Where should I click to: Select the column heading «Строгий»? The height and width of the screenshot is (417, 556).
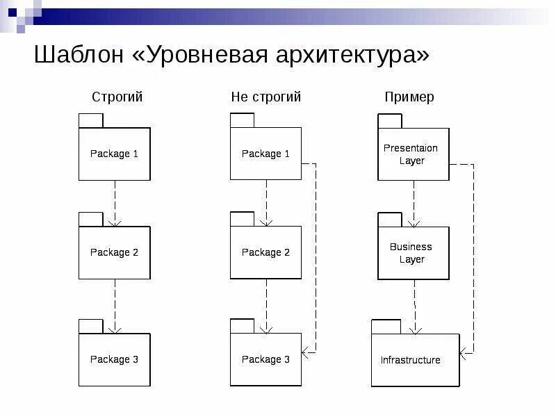click(x=117, y=97)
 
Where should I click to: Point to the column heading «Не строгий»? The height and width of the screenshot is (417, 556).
click(x=266, y=97)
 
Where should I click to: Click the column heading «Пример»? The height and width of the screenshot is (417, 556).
click(x=409, y=97)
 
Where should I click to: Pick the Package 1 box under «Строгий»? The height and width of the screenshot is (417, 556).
click(x=114, y=154)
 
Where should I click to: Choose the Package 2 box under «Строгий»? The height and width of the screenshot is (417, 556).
click(x=114, y=252)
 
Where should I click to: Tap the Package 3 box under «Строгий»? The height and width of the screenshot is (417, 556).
click(x=114, y=359)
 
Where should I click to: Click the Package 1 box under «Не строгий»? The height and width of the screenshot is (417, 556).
click(x=265, y=154)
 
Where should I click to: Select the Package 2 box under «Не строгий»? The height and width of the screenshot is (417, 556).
click(x=265, y=252)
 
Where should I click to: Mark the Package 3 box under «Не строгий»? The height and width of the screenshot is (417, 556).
click(x=265, y=359)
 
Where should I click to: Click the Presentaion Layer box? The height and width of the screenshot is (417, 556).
click(x=413, y=154)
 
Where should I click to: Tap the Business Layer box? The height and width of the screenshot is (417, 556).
click(x=413, y=253)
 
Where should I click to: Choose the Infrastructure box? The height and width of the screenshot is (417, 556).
click(x=415, y=360)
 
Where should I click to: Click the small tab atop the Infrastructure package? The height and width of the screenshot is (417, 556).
click(x=386, y=327)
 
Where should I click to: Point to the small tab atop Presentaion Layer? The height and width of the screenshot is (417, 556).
click(x=390, y=121)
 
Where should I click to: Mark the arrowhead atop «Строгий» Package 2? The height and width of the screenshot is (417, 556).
click(x=115, y=222)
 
